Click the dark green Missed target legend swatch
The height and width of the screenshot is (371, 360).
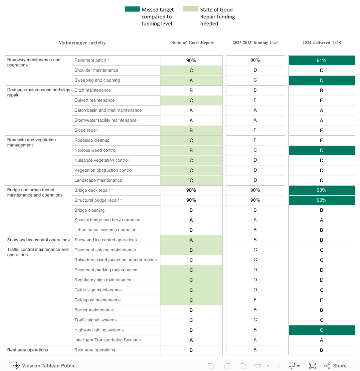point(132,9)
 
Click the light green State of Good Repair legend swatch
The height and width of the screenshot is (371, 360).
point(190,9)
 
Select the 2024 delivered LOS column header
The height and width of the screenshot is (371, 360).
point(322,43)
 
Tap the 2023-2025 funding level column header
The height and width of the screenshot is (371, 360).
point(255,43)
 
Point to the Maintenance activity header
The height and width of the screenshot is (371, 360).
point(82,43)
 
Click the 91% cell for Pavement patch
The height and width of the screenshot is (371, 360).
point(322,60)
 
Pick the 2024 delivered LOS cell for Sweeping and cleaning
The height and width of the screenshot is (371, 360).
point(322,80)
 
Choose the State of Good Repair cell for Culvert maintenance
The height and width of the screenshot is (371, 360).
point(191,100)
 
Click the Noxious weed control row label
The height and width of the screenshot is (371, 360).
point(96,150)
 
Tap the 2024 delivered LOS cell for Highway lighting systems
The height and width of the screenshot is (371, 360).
point(322,330)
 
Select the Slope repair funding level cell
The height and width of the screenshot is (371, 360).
point(255,130)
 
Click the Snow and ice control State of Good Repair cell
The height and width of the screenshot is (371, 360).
point(191,240)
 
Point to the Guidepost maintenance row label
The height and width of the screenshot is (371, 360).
point(98,300)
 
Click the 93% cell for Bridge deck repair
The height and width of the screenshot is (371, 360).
point(322,191)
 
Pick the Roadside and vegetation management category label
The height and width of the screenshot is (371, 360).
point(32,142)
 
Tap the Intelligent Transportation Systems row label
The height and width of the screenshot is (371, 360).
point(108,340)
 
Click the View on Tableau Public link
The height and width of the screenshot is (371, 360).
point(44,366)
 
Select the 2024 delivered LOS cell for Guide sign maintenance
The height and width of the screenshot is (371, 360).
point(322,290)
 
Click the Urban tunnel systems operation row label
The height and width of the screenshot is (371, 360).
point(105,230)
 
